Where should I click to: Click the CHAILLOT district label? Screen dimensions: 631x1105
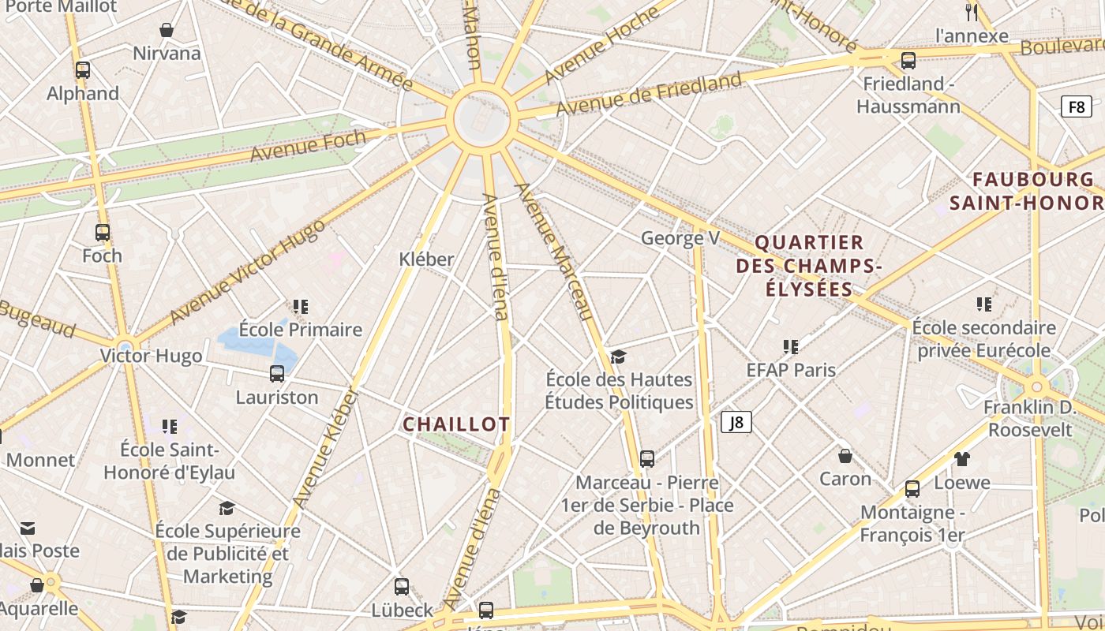point(456,424)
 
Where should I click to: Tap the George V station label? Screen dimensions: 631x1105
point(680,237)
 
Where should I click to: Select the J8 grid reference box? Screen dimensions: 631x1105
point(736,422)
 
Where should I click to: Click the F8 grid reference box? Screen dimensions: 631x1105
point(1076,106)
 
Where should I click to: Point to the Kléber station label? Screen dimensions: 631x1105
point(426,259)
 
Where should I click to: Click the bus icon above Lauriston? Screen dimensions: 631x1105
point(277,374)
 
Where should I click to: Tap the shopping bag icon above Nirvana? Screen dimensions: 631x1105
point(167,31)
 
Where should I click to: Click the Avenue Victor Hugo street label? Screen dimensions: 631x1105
point(246,271)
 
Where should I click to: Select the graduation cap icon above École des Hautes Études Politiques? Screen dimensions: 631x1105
point(618,357)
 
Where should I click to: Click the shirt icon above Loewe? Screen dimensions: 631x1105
point(961,458)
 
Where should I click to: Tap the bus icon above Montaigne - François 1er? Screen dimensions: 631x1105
point(912,489)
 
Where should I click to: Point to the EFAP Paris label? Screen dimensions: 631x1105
point(791,369)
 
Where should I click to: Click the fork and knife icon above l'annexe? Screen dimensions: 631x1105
point(972,12)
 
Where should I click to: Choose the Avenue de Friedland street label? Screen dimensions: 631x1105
point(649,94)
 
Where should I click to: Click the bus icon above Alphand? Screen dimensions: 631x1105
point(83,70)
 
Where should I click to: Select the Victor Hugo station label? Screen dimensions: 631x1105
point(151,356)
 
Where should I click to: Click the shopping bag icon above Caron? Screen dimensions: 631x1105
point(845,456)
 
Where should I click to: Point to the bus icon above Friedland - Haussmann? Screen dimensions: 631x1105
point(908,61)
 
